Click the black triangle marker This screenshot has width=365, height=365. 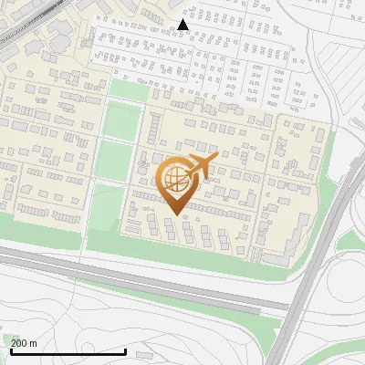click(x=183, y=24)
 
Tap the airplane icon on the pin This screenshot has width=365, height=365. click(x=201, y=166)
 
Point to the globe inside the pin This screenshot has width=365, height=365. click(x=173, y=179)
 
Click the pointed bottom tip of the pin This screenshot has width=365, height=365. click(x=173, y=215)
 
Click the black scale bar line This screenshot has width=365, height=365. click(x=68, y=351)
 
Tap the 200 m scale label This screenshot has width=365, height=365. click(x=25, y=342)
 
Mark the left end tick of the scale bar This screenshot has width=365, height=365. click(x=12, y=350)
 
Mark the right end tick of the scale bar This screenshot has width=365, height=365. click(x=125, y=350)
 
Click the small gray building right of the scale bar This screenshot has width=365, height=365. click(x=143, y=351)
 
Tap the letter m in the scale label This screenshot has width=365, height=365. click(x=34, y=342)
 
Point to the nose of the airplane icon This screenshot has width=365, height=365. click(x=216, y=158)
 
